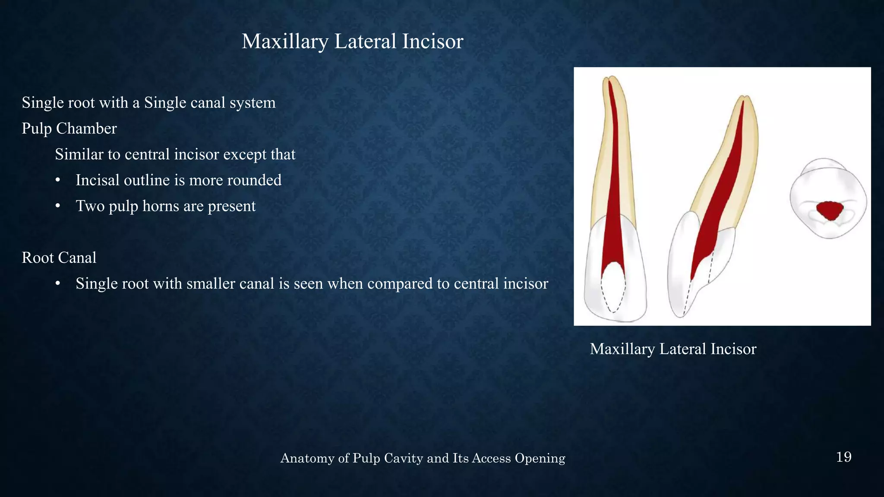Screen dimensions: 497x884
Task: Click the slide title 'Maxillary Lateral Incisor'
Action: pyautogui.click(x=352, y=41)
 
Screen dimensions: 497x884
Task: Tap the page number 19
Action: pyautogui.click(x=843, y=457)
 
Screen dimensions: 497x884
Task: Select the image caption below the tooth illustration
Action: pyautogui.click(x=672, y=349)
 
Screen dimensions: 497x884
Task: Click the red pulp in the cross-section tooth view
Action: pyautogui.click(x=830, y=211)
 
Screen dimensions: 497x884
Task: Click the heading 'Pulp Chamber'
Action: pyautogui.click(x=69, y=129)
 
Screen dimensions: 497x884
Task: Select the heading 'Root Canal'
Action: pyautogui.click(x=59, y=258)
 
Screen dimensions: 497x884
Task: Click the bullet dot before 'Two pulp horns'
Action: pyautogui.click(x=57, y=206)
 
